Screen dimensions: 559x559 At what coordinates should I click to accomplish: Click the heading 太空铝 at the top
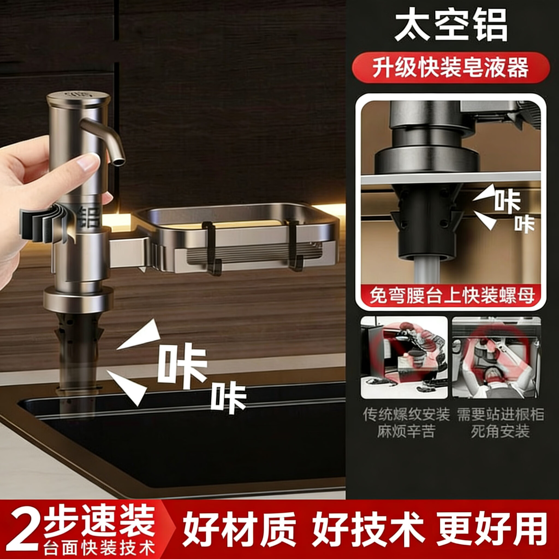coord(450,25)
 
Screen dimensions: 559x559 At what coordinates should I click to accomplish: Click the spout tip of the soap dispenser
coord(119,162)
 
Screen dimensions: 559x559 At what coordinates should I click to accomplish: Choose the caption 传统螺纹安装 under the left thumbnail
coord(406,414)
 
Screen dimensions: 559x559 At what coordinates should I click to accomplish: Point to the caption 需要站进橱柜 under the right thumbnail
coord(500,414)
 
